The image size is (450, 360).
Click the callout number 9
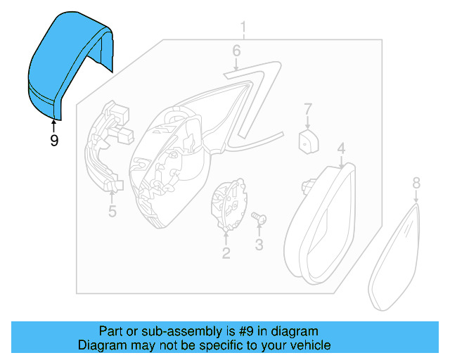click(54, 140)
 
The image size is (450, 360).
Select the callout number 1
click(243, 29)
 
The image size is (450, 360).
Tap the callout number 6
click(236, 51)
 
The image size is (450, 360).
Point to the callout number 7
click(307, 109)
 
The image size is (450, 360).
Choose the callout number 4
click(340, 149)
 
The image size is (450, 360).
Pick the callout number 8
click(416, 183)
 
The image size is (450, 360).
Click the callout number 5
click(111, 210)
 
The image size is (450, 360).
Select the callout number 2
click(226, 252)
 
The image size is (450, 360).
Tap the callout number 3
click(258, 245)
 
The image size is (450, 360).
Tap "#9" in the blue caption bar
click(243, 331)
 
